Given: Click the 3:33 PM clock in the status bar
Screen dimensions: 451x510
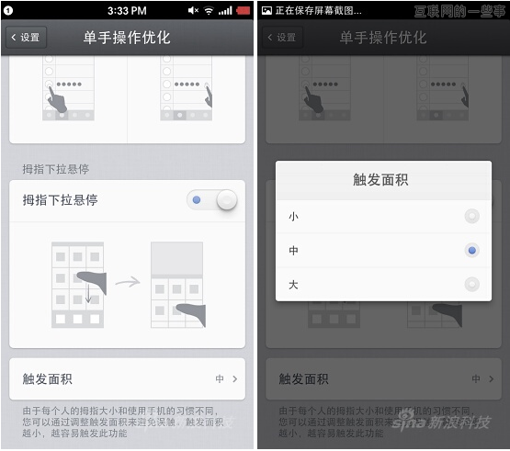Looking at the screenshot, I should point(127,10).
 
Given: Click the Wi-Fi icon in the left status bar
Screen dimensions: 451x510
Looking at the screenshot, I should point(209,10).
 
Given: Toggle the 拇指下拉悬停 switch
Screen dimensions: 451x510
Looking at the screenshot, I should point(214,200).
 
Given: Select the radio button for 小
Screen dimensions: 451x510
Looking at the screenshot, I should point(471,217).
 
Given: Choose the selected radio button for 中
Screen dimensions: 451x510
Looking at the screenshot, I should point(471,251).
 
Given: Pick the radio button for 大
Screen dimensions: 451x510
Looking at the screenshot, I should point(471,285).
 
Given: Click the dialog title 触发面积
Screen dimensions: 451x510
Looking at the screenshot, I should point(380,180).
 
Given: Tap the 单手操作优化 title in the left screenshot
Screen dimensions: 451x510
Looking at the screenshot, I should point(128,38).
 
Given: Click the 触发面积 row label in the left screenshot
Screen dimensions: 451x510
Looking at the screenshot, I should point(48,378).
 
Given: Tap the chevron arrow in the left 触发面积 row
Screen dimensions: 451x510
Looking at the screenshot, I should point(235,378).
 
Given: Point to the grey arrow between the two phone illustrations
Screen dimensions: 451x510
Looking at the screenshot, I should point(127,282).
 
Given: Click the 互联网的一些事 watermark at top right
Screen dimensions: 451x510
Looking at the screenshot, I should point(459,11).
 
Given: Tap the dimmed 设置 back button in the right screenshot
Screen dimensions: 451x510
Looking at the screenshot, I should point(282,38).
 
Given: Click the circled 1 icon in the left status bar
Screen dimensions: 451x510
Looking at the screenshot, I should point(8,10).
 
